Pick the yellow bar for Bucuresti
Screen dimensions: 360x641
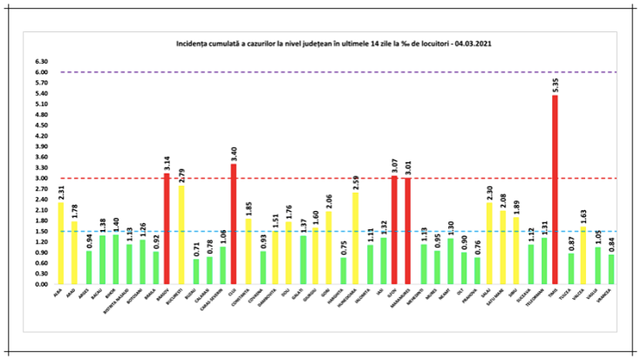tap(181, 234)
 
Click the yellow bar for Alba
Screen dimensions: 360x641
tap(60, 243)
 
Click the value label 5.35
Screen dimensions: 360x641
tap(556, 85)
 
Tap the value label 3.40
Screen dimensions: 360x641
tap(235, 153)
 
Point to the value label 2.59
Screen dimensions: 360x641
tap(356, 182)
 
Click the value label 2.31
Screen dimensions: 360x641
tap(60, 192)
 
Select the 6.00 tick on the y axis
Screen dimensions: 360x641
tap(41, 72)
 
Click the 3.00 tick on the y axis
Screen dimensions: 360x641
tap(41, 179)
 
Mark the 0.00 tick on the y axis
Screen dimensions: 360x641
tap(41, 284)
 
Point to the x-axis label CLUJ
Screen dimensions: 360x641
tap(235, 293)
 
